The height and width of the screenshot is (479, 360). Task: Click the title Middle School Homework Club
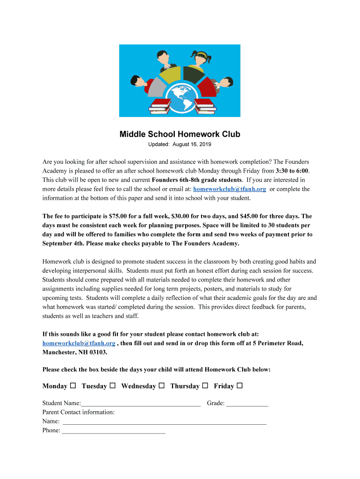pyautogui.click(x=180, y=134)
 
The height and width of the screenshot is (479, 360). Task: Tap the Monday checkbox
pyautogui.click(x=73, y=386)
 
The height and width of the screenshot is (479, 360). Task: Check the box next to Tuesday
pyautogui.click(x=113, y=386)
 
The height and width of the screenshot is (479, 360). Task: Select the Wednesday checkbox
pyautogui.click(x=161, y=386)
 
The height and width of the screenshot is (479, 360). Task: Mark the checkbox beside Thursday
pyautogui.click(x=205, y=386)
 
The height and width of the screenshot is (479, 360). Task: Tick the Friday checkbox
pyautogui.click(x=239, y=386)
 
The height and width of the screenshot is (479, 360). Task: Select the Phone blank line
pyautogui.click(x=114, y=431)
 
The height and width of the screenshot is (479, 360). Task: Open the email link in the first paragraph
pyautogui.click(x=230, y=189)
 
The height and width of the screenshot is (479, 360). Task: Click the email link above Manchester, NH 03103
pyautogui.click(x=79, y=343)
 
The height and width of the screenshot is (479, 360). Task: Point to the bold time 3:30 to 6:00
pyautogui.click(x=292, y=171)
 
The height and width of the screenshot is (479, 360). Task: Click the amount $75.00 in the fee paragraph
pyautogui.click(x=119, y=216)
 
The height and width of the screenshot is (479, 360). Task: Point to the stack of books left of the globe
pyautogui.click(x=161, y=106)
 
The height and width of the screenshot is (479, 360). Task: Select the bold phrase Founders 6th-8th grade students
pyautogui.click(x=197, y=180)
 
